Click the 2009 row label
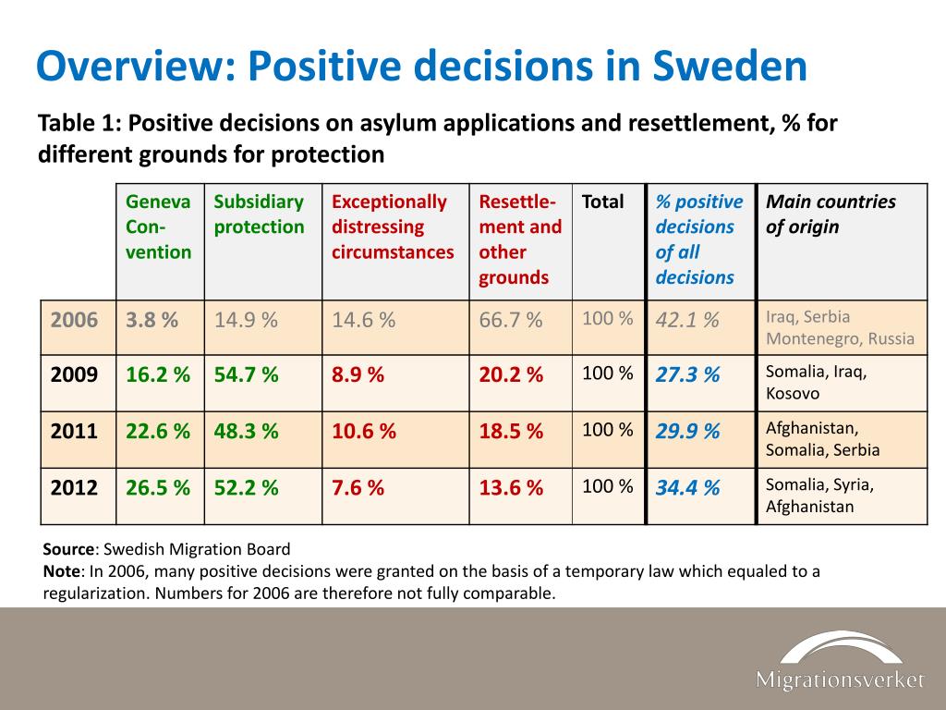[74, 374]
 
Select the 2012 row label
[74, 487]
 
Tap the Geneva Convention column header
[158, 226]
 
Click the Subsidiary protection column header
[259, 214]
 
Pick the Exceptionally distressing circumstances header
[392, 226]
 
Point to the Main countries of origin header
[831, 214]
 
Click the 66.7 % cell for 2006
[510, 319]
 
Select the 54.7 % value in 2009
[246, 374]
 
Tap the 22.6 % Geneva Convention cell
[158, 431]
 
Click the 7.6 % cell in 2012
[358, 487]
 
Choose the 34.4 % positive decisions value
[687, 487]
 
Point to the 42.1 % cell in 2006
[687, 319]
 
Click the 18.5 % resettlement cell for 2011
[511, 431]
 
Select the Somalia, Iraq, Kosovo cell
[817, 382]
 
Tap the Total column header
[602, 201]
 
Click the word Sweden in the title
[730, 66]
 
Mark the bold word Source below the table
[68, 549]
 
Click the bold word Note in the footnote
[62, 571]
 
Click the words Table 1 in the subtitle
[79, 123]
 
